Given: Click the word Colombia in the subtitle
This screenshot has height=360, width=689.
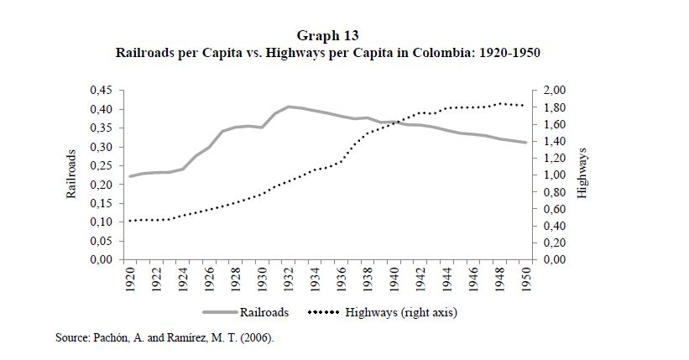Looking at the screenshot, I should [x=442, y=52].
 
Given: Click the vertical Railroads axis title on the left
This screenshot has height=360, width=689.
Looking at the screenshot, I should [x=72, y=174].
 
